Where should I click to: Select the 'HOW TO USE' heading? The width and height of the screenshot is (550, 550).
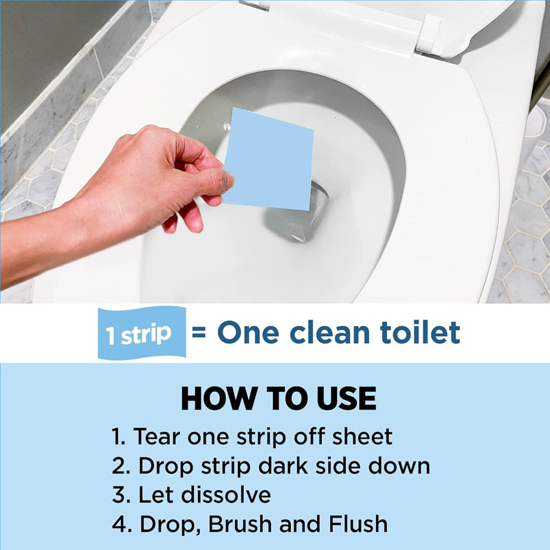[x=278, y=399]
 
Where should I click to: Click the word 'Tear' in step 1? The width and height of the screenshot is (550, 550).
[x=157, y=437]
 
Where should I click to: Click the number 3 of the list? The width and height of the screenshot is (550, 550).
[x=118, y=495]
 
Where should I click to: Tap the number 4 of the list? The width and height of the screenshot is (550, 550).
[x=118, y=525]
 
